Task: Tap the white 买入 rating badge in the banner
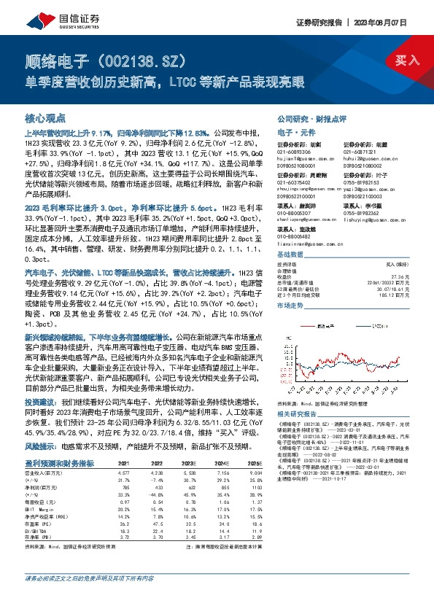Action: coord(406,61)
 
